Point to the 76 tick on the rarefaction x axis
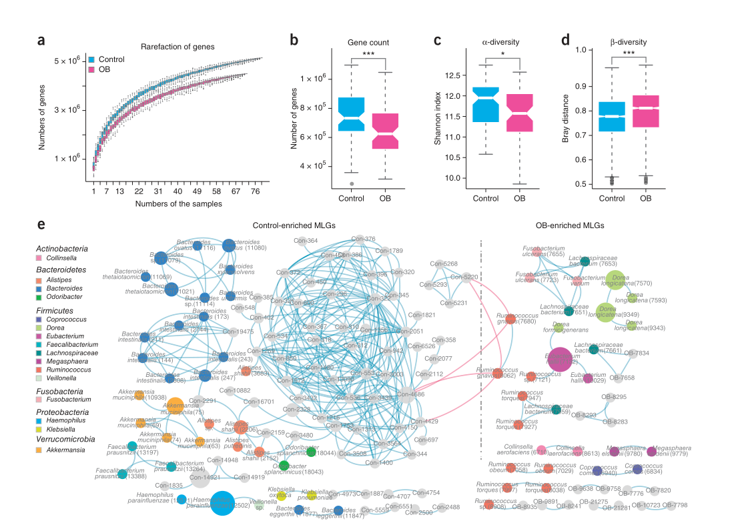tap(256, 191)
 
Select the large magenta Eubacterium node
tap(559, 360)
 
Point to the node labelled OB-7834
tap(633, 354)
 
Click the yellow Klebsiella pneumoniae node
tap(312, 494)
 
